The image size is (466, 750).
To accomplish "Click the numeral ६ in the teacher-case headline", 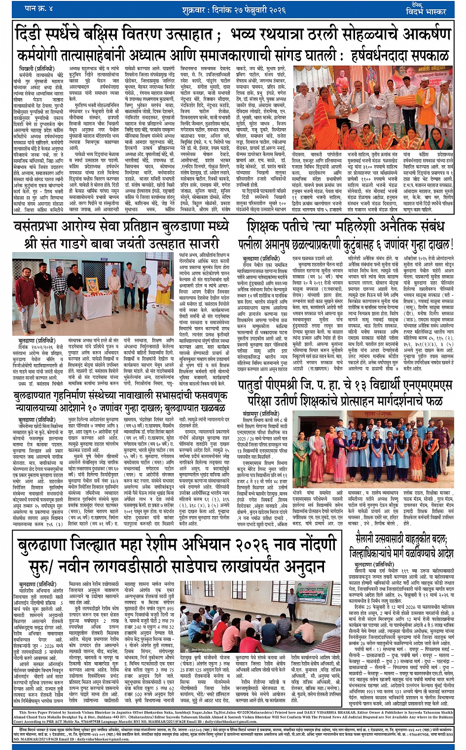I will pos(382,244).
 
